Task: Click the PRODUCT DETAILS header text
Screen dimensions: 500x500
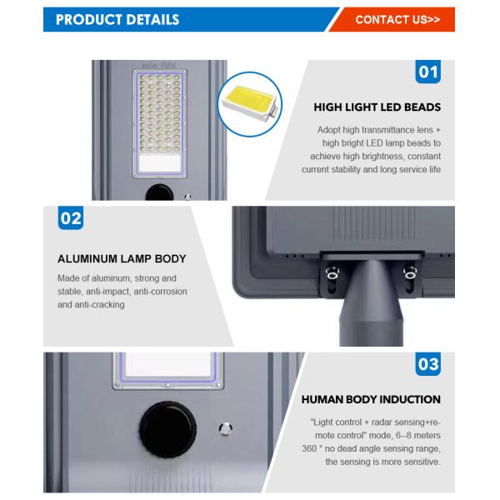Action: pos(117,19)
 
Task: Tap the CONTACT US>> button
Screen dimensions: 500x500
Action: pos(397,19)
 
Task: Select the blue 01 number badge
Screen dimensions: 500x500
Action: pos(427,72)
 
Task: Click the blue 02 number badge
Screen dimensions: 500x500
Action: pos(71,220)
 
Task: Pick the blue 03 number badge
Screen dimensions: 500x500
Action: pos(427,365)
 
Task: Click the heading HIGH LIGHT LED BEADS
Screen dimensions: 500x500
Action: pos(377,107)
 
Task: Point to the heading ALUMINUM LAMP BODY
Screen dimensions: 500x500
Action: pos(122,259)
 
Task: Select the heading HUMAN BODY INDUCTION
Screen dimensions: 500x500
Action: pos(372,400)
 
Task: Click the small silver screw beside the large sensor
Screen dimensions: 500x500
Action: pos(223,429)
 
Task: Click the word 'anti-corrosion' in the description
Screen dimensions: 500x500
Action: pos(159,291)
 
